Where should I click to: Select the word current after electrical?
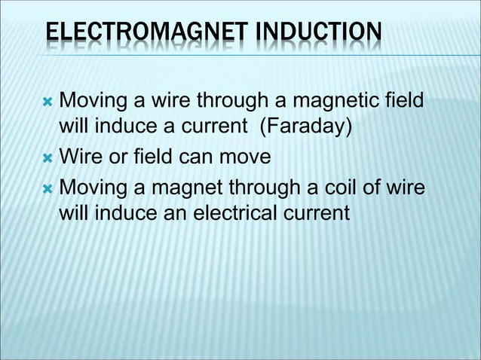pos(314,213)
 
